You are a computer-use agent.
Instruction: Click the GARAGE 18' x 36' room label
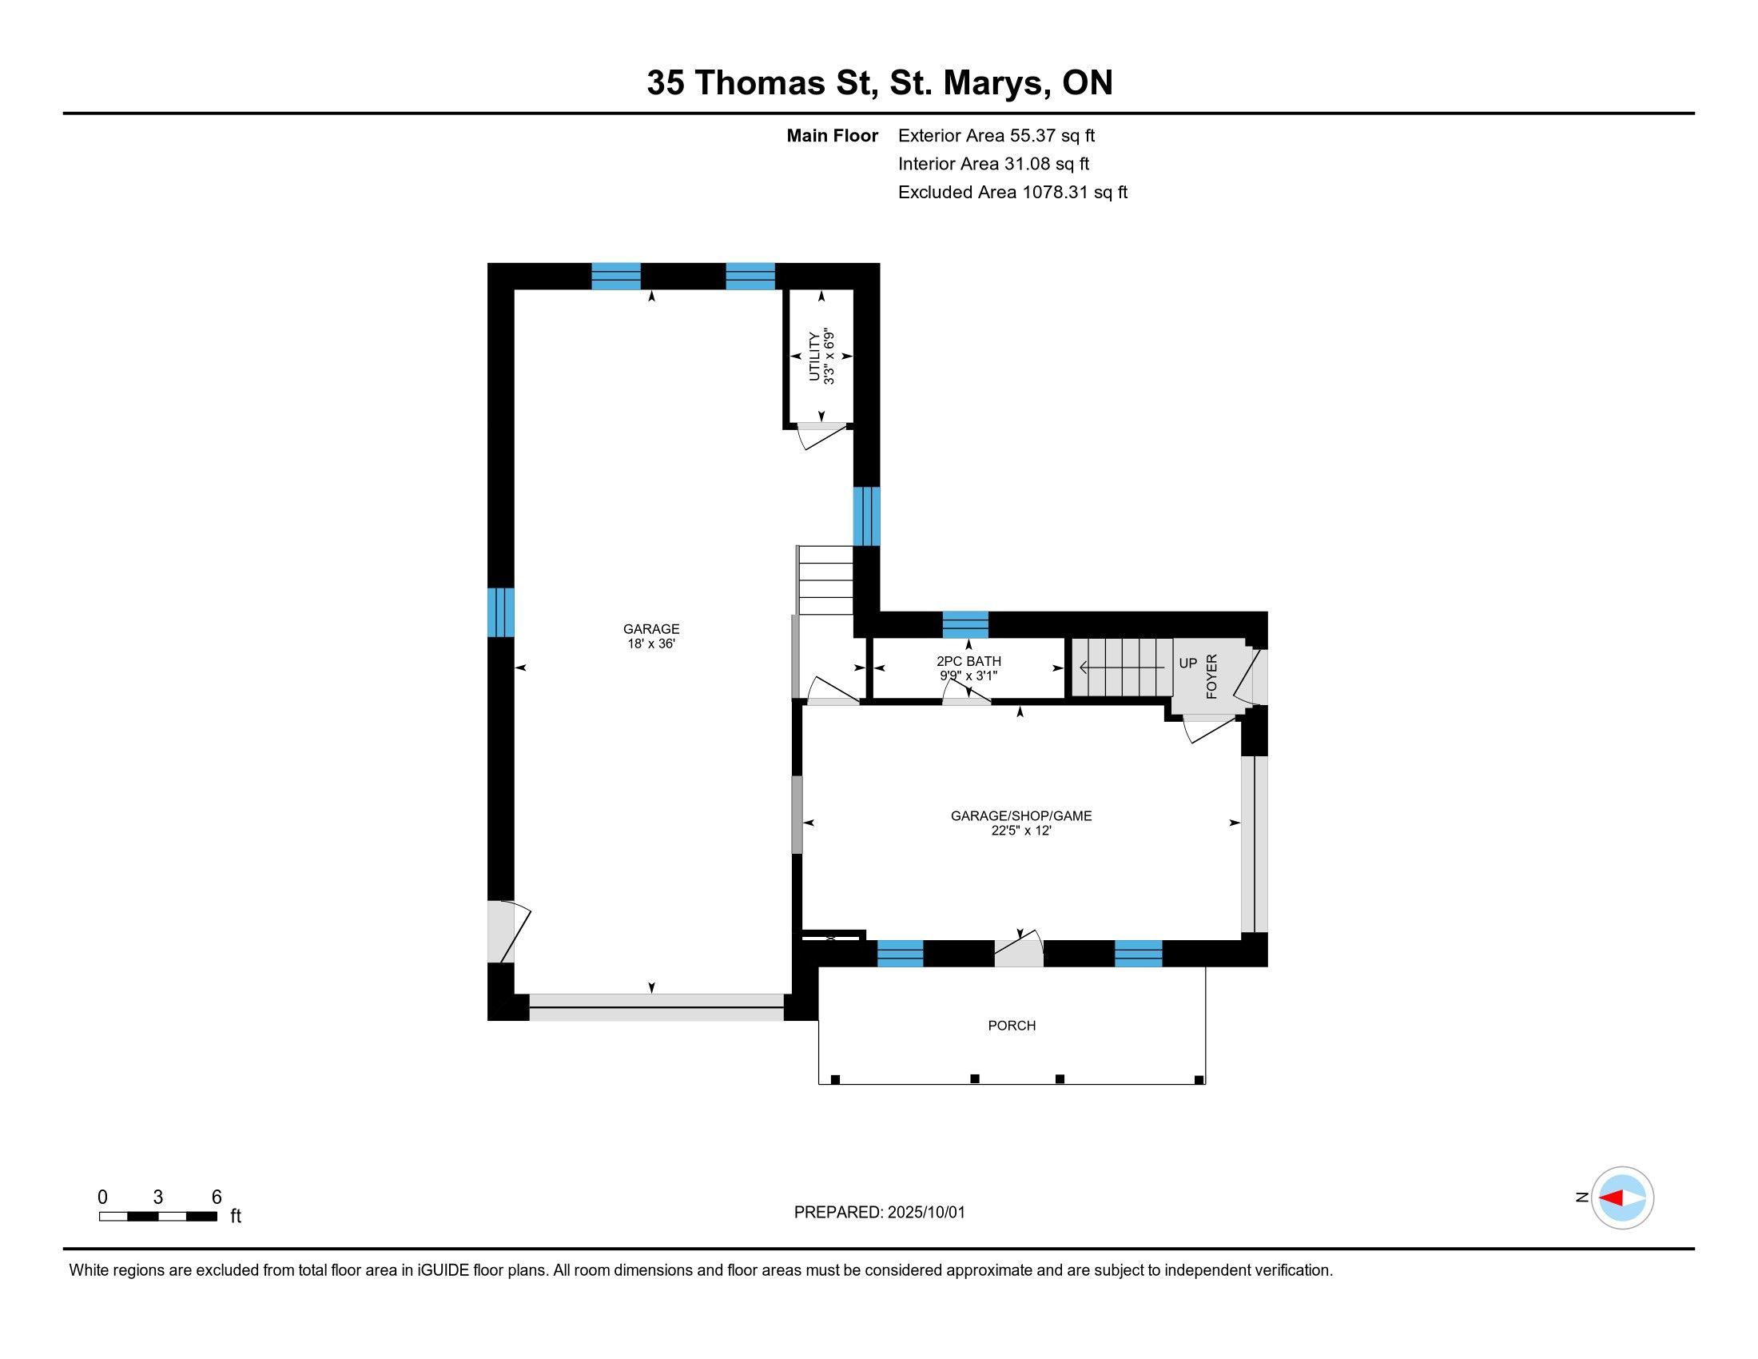(651, 636)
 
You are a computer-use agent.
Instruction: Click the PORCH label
(1012, 1026)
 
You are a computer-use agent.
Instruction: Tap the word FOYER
(1211, 676)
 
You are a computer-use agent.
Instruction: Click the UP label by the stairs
(1188, 664)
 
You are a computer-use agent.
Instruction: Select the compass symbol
(1622, 1198)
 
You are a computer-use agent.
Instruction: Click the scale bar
(157, 1217)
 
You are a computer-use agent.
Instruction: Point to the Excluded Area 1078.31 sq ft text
(1012, 192)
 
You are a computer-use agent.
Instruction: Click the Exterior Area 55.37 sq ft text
(996, 135)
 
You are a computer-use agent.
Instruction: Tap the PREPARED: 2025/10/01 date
(879, 1213)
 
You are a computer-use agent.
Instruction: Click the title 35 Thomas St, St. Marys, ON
(880, 82)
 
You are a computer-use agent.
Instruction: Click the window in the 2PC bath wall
(965, 625)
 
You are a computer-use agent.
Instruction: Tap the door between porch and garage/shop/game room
(1018, 950)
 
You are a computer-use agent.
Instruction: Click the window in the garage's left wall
(501, 612)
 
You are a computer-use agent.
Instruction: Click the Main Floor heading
(833, 135)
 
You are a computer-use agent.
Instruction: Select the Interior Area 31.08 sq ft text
(993, 163)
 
